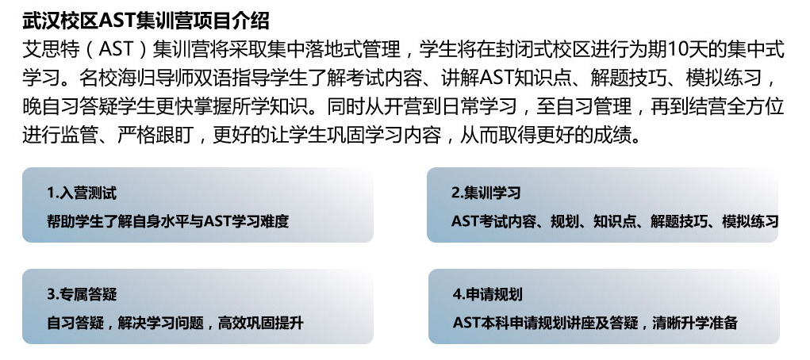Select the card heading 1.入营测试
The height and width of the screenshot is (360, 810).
[x=83, y=193]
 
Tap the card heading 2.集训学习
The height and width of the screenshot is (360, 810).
[x=486, y=193]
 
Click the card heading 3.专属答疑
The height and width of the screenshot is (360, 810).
[x=83, y=294]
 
